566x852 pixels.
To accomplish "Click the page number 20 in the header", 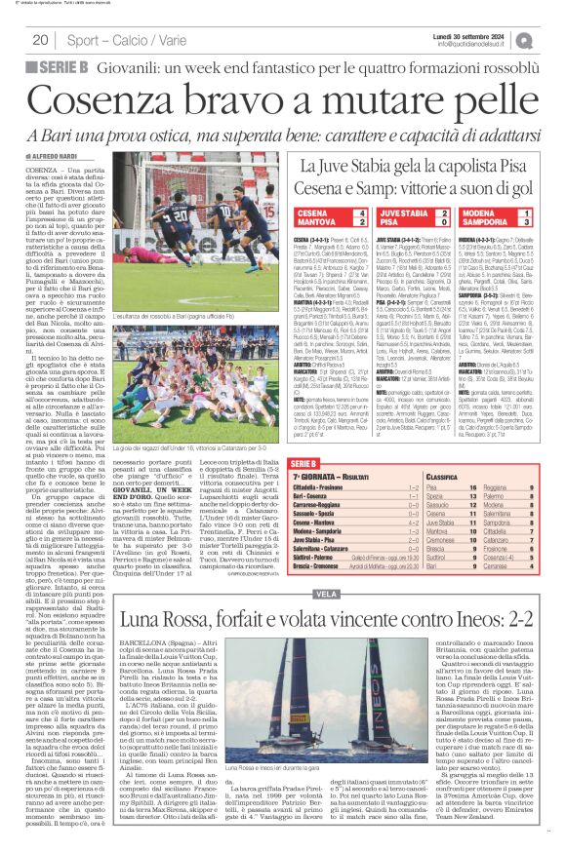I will [x=40, y=40].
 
